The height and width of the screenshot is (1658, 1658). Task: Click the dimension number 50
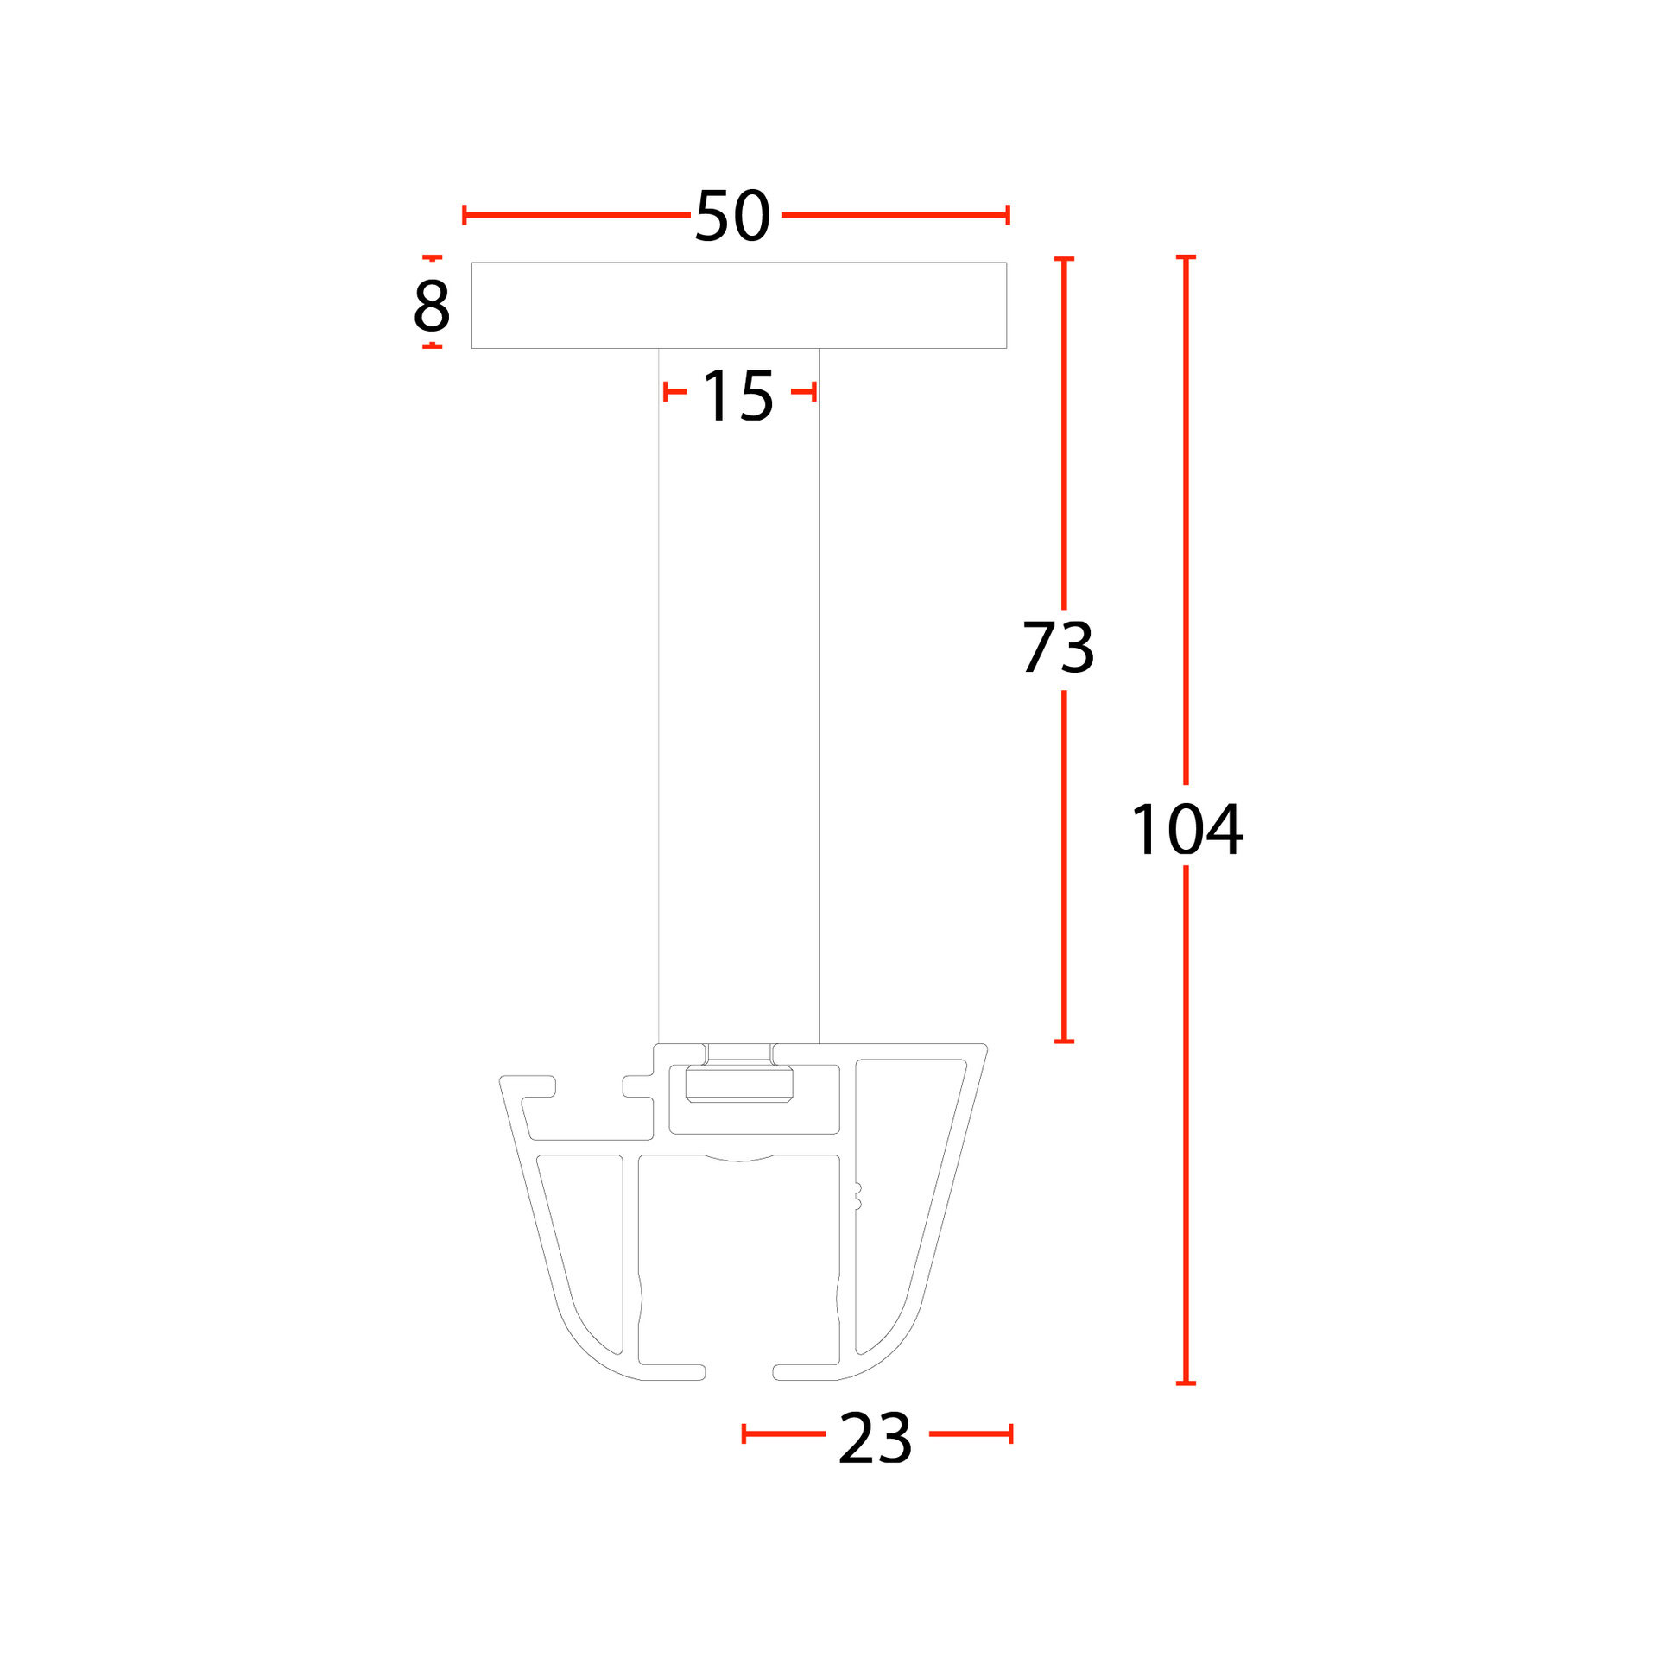coord(732,216)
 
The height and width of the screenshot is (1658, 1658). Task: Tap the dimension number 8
coord(432,305)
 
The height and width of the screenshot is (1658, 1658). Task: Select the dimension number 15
coord(738,396)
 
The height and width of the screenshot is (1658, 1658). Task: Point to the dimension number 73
coord(1059,647)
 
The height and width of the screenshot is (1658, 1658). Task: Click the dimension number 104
coord(1187,829)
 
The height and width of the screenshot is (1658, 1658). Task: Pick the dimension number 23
coord(875,1438)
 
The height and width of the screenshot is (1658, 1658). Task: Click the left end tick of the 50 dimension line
coord(465,215)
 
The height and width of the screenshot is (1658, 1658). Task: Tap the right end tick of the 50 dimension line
coord(1008,215)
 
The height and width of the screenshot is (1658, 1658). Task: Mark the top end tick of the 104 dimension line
coord(1186,257)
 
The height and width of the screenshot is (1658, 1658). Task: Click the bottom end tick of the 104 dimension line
coord(1186,1383)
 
